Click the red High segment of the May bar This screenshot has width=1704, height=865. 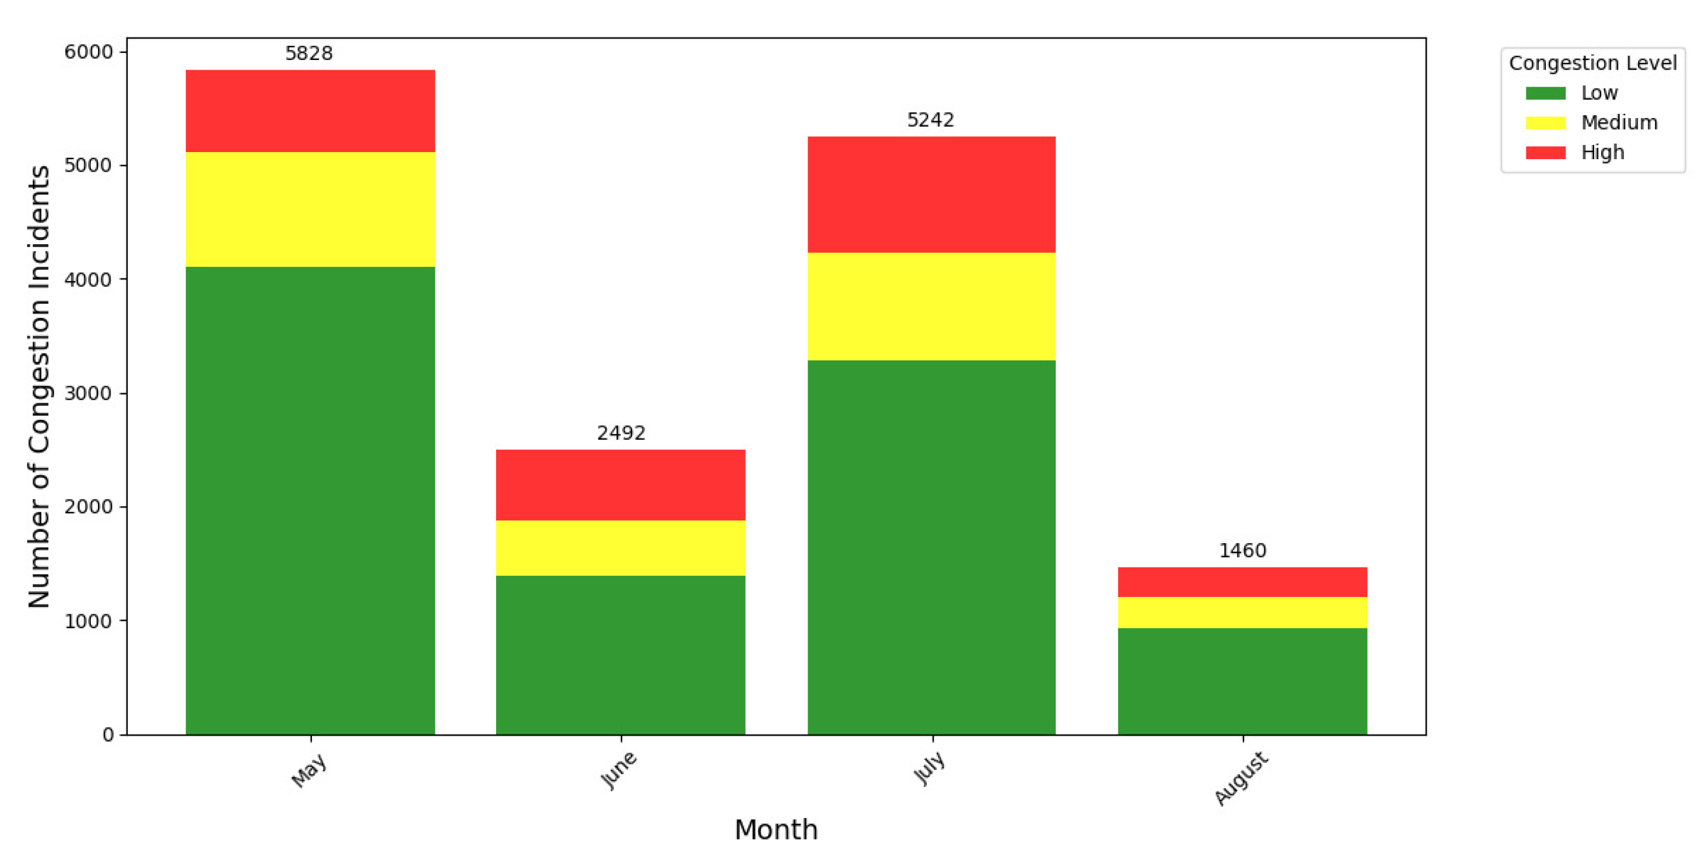310,111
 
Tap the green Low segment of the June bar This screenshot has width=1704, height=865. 620,655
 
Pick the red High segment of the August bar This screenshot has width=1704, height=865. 1242,582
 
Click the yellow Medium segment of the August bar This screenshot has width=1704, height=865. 1242,613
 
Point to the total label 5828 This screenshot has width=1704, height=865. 309,53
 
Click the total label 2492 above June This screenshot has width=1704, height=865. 620,432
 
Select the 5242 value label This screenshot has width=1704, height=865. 930,119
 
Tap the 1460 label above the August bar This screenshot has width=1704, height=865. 1242,550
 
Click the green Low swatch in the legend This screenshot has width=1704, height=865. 1545,93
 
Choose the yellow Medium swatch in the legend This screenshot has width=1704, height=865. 1545,123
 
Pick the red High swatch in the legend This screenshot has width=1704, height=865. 1545,153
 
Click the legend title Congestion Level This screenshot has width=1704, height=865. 1592,63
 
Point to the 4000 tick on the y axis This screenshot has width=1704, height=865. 88,279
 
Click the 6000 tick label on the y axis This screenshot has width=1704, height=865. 88,52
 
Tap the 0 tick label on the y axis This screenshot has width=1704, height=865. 108,735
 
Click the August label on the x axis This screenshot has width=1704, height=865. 1241,778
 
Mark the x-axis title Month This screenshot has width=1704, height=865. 776,829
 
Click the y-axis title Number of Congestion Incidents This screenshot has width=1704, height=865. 39,386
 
